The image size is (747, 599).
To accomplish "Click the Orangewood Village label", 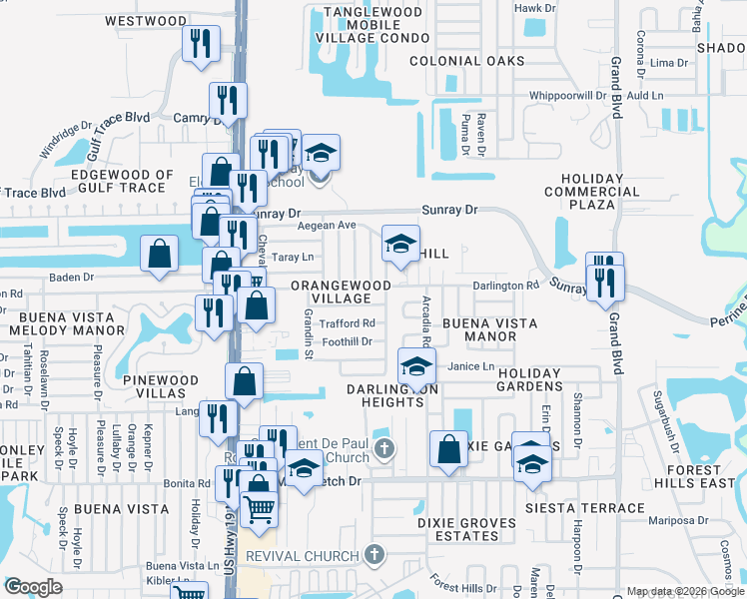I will click(341, 292).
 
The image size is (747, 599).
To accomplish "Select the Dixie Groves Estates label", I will click(466, 529).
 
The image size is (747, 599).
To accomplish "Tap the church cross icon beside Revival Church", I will click(373, 554).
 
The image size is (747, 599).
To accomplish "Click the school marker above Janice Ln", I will click(416, 364).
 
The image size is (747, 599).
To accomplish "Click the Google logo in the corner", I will click(33, 587).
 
